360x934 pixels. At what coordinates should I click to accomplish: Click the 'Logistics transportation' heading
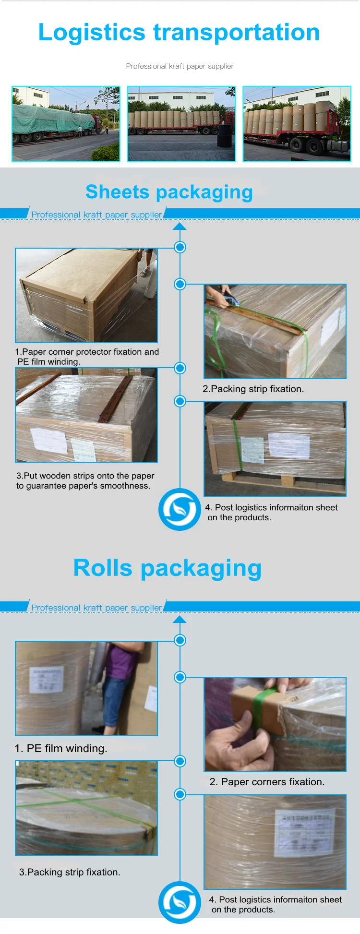click(x=179, y=33)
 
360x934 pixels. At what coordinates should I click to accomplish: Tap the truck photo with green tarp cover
click(x=66, y=124)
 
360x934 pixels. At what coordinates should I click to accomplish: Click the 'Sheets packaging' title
click(x=169, y=192)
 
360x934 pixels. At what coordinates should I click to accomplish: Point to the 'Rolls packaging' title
click(x=167, y=568)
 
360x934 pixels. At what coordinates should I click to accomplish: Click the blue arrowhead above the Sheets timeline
click(x=180, y=226)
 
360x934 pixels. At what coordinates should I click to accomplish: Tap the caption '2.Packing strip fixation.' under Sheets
click(x=253, y=389)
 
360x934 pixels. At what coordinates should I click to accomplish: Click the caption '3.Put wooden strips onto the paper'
click(x=85, y=476)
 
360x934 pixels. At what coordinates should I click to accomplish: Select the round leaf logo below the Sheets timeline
click(x=180, y=509)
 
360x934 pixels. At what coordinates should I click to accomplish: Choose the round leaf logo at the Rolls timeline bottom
click(x=180, y=902)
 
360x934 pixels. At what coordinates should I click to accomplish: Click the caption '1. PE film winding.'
click(x=61, y=748)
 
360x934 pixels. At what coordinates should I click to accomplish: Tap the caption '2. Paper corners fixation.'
click(x=267, y=782)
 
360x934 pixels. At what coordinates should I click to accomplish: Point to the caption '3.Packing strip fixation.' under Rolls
click(x=70, y=872)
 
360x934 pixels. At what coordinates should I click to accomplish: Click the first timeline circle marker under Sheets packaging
click(x=180, y=247)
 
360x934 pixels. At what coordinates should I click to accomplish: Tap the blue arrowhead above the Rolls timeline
click(x=180, y=619)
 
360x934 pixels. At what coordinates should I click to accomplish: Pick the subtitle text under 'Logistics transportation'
click(x=180, y=66)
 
